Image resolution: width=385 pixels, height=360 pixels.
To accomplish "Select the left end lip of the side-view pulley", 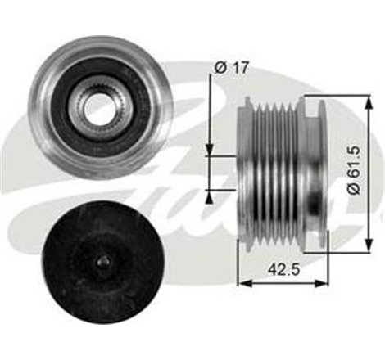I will [243, 168].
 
